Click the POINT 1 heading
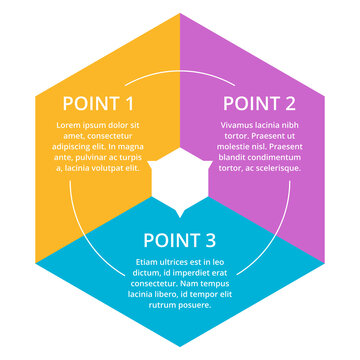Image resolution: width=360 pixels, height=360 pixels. (x=99, y=103)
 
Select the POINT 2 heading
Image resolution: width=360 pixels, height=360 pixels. (x=259, y=103)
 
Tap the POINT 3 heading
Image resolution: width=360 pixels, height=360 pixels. (x=180, y=239)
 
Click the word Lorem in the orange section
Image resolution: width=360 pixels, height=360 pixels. (x=71, y=124)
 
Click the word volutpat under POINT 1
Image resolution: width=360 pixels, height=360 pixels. (x=116, y=167)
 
